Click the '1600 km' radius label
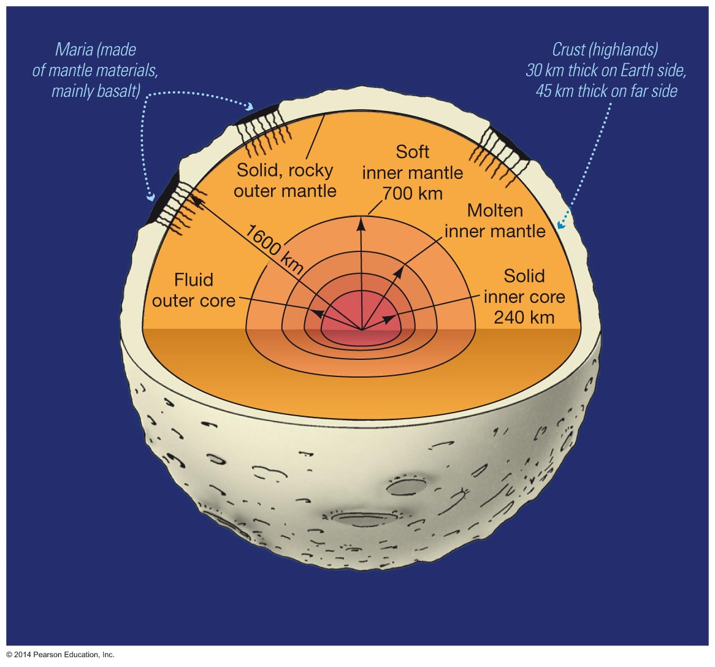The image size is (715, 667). [x=275, y=248]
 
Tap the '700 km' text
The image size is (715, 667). [x=412, y=193]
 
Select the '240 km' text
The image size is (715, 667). [x=524, y=317]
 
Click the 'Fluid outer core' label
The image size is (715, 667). [x=194, y=291]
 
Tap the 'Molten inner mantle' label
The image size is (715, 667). [x=495, y=221]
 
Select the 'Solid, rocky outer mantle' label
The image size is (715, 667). [x=285, y=180]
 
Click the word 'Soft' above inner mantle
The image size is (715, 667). [x=412, y=151]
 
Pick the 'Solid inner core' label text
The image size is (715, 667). [x=524, y=286]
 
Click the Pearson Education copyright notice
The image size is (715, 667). [x=61, y=655]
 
